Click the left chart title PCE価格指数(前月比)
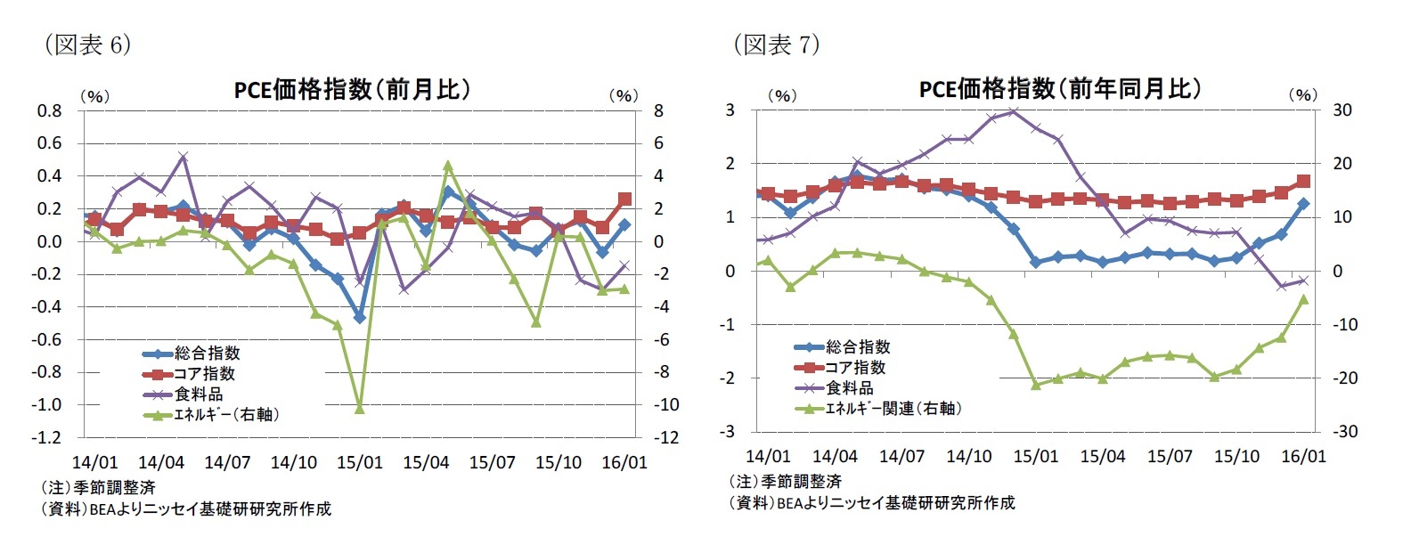click(x=352, y=89)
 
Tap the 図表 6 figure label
click(x=87, y=45)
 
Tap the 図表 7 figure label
click(x=776, y=44)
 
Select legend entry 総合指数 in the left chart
click(x=207, y=354)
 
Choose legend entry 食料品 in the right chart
click(x=849, y=388)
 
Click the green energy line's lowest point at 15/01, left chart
click(x=360, y=408)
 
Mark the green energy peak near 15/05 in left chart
click(x=448, y=166)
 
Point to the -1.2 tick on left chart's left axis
click(x=49, y=437)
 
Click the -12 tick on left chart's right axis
click(x=667, y=437)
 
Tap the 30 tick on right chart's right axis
click(x=1342, y=110)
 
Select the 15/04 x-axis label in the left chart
click(x=426, y=463)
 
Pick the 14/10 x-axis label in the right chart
click(x=968, y=457)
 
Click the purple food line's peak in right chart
click(x=1013, y=111)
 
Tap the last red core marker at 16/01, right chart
click(x=1303, y=182)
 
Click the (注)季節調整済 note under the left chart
click(x=98, y=488)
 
